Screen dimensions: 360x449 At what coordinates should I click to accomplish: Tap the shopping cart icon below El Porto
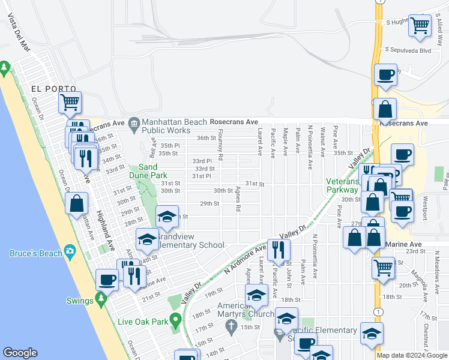70,102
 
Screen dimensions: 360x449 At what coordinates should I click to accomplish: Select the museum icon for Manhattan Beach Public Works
133,124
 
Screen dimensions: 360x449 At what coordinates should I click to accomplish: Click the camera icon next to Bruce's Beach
70,251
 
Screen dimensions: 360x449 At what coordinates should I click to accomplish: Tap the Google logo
20,353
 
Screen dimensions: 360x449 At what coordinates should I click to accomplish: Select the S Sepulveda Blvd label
409,50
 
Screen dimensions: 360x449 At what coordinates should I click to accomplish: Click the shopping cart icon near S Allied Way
420,26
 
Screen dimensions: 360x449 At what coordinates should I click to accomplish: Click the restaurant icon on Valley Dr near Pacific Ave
279,248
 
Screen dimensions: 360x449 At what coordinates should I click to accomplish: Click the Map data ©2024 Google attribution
411,355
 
